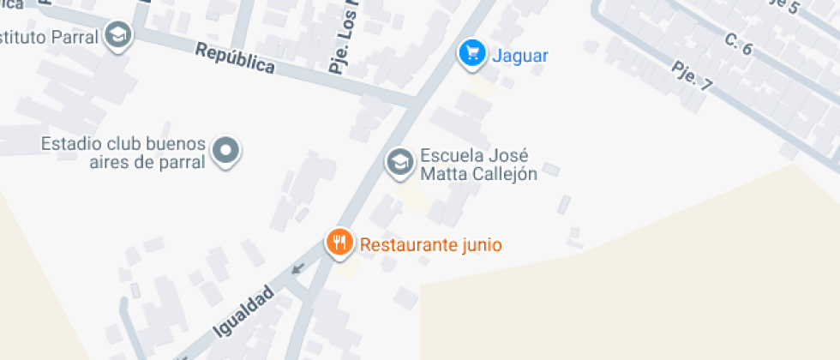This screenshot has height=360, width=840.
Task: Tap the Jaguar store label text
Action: click(519, 57)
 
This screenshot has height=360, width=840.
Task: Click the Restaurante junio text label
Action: click(430, 245)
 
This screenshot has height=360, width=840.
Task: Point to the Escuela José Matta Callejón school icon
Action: click(399, 161)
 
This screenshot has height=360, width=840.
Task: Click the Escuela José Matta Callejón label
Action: click(477, 165)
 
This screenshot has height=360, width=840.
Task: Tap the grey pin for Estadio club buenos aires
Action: click(225, 150)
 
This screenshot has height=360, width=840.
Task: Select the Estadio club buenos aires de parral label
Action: click(123, 153)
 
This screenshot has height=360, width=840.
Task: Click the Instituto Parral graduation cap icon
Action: click(117, 36)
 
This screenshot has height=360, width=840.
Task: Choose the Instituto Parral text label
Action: click(48, 37)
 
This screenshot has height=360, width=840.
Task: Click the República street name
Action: click(235, 58)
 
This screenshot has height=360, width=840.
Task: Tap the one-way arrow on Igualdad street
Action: click(297, 269)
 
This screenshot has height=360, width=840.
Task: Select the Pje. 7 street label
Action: click(693, 76)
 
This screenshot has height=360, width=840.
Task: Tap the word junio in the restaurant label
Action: click(480, 245)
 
